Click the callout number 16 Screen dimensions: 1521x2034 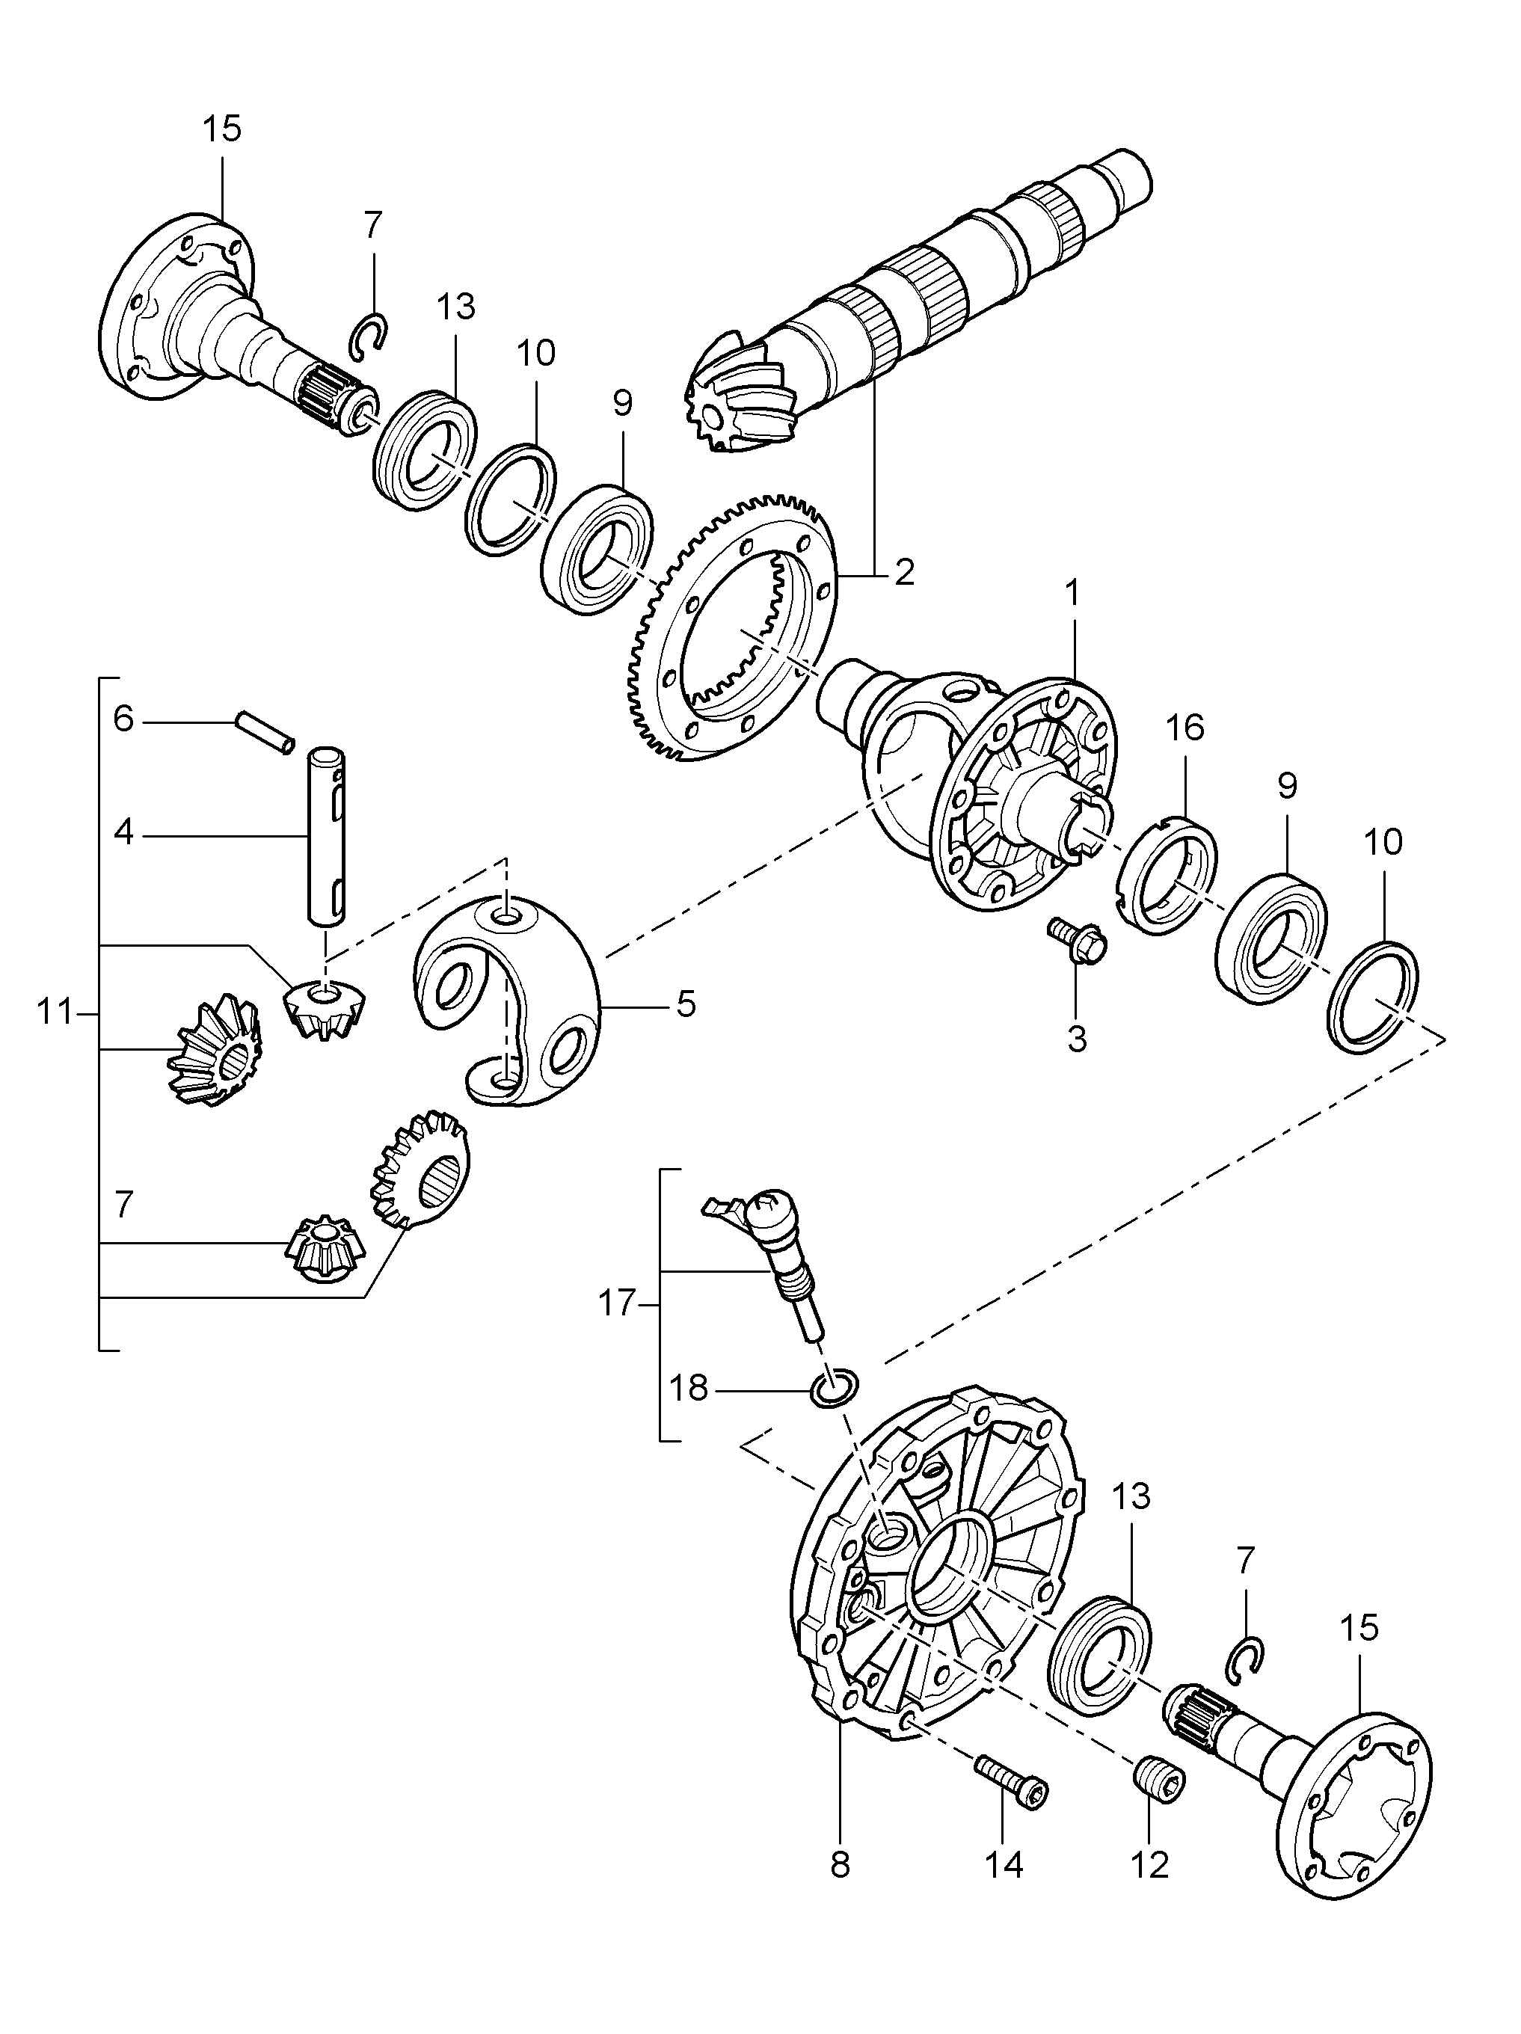pyautogui.click(x=1184, y=728)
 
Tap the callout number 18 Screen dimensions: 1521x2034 pyautogui.click(x=689, y=1388)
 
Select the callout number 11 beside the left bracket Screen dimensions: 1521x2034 pyautogui.click(x=55, y=1012)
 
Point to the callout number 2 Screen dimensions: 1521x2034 pyautogui.click(x=904, y=573)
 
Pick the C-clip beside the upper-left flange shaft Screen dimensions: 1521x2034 pyautogui.click(x=372, y=337)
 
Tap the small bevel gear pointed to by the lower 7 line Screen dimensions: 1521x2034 pyautogui.click(x=327, y=1249)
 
